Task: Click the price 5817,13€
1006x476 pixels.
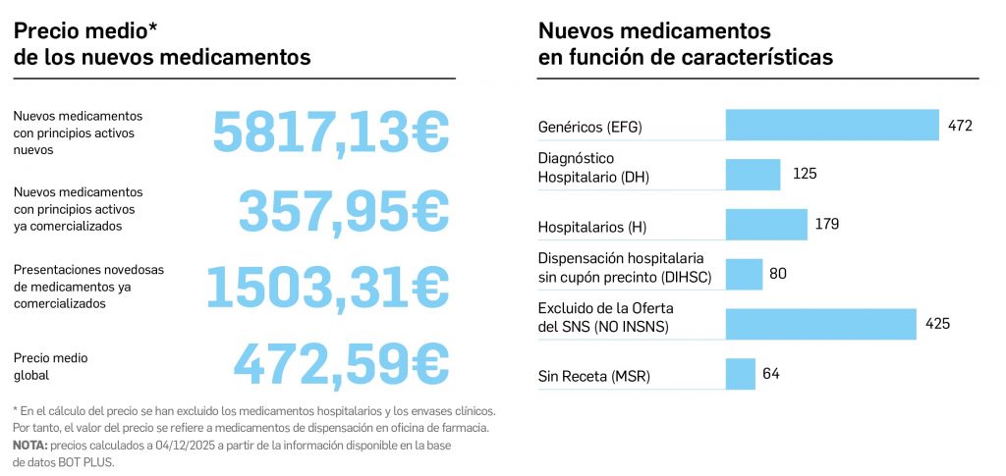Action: point(331,132)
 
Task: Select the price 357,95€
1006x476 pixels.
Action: point(344,208)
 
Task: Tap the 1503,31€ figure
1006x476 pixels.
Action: point(326,285)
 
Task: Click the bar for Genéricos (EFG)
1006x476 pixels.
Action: point(832,125)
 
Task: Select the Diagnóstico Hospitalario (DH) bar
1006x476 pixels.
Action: point(753,174)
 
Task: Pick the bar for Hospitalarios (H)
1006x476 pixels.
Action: point(766,225)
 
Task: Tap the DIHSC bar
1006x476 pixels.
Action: point(744,274)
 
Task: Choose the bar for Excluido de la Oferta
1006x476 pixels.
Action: point(821,323)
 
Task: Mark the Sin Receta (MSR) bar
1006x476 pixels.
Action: point(740,374)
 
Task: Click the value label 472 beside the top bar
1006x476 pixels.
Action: point(960,126)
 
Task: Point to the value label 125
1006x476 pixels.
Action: point(805,174)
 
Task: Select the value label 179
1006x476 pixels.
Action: point(826,225)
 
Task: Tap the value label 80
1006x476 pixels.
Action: point(778,274)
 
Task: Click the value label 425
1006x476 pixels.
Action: point(937,323)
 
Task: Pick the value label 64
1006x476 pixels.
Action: point(770,374)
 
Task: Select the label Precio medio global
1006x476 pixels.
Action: point(51,366)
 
